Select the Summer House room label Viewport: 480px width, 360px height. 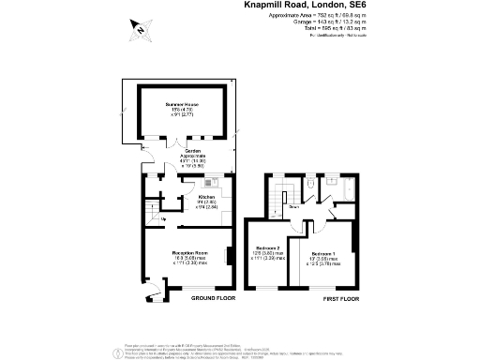[x=182, y=103]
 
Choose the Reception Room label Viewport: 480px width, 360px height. [x=188, y=254]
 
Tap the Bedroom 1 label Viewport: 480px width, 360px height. [x=324, y=254]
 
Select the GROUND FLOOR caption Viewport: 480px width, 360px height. [x=213, y=297]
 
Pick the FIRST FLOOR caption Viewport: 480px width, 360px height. [x=340, y=297]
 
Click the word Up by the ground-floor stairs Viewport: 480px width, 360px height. [x=165, y=220]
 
